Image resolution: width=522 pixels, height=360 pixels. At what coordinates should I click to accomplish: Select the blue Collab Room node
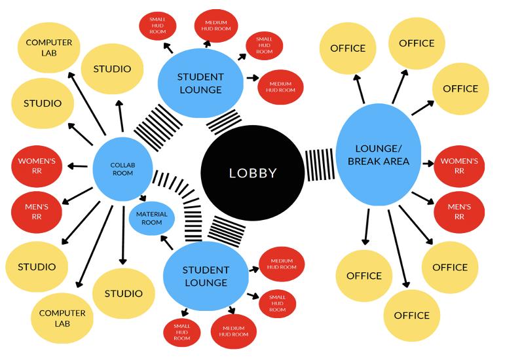pos(122,168)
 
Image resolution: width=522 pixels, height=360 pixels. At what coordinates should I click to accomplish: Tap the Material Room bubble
pos(151,219)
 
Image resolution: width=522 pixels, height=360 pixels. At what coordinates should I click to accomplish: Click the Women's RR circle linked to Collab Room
pos(37,165)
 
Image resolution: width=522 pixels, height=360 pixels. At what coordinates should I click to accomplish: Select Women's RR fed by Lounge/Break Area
pos(459,165)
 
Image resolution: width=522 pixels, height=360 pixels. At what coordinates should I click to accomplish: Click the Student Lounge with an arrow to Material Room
pos(205,276)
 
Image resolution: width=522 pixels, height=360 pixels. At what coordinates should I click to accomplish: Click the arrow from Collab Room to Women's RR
pos(79,166)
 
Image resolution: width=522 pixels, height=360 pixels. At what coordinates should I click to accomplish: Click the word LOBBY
pos(252,173)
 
